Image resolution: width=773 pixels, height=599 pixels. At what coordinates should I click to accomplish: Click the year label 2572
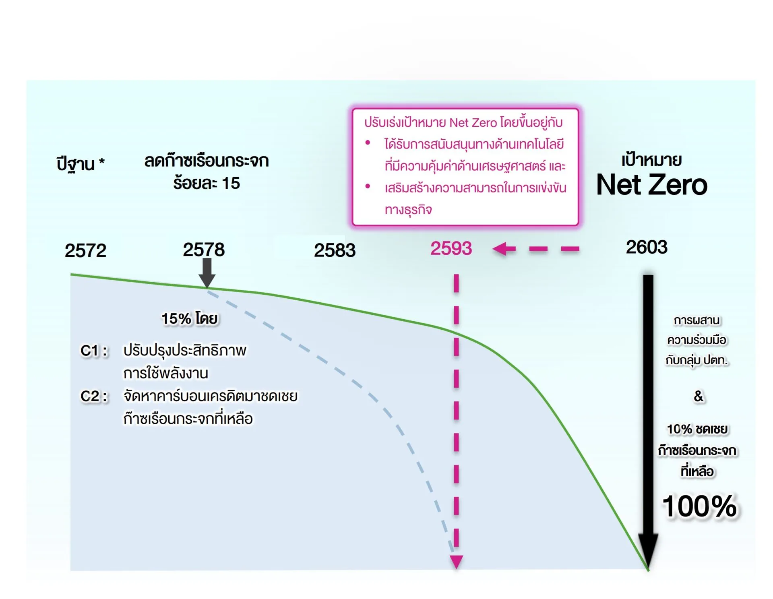tap(85, 251)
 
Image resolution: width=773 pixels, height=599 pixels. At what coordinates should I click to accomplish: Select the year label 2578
tap(204, 250)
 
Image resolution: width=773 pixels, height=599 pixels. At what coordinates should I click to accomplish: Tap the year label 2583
tap(335, 250)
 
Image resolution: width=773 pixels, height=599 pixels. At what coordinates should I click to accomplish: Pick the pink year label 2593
tap(451, 248)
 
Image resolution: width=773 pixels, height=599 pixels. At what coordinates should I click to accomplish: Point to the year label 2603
tap(647, 247)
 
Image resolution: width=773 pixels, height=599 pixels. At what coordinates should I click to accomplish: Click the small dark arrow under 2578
tap(207, 273)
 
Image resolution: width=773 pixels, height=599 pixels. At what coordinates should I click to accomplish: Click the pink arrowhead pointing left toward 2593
tap(503, 249)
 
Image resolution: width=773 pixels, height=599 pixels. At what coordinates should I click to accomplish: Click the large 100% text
tap(700, 506)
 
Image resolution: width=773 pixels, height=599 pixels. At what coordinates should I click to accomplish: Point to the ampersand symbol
tap(699, 396)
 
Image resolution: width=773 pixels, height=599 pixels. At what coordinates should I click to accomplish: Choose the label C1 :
tap(94, 351)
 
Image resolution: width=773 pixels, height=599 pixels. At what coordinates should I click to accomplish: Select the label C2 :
tap(94, 397)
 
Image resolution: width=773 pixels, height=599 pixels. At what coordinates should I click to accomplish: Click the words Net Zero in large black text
tap(652, 185)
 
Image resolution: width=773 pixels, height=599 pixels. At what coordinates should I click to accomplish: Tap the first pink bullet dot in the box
tap(368, 143)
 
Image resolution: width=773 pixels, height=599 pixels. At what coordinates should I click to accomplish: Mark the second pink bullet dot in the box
tap(368, 186)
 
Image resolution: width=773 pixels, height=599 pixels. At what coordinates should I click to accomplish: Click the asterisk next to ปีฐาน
tap(102, 162)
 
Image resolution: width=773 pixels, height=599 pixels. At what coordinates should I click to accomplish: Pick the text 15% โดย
tap(190, 319)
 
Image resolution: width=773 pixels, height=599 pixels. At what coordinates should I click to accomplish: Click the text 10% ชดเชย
tap(697, 430)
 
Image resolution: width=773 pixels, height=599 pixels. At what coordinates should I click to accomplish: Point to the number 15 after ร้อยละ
tap(231, 184)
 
